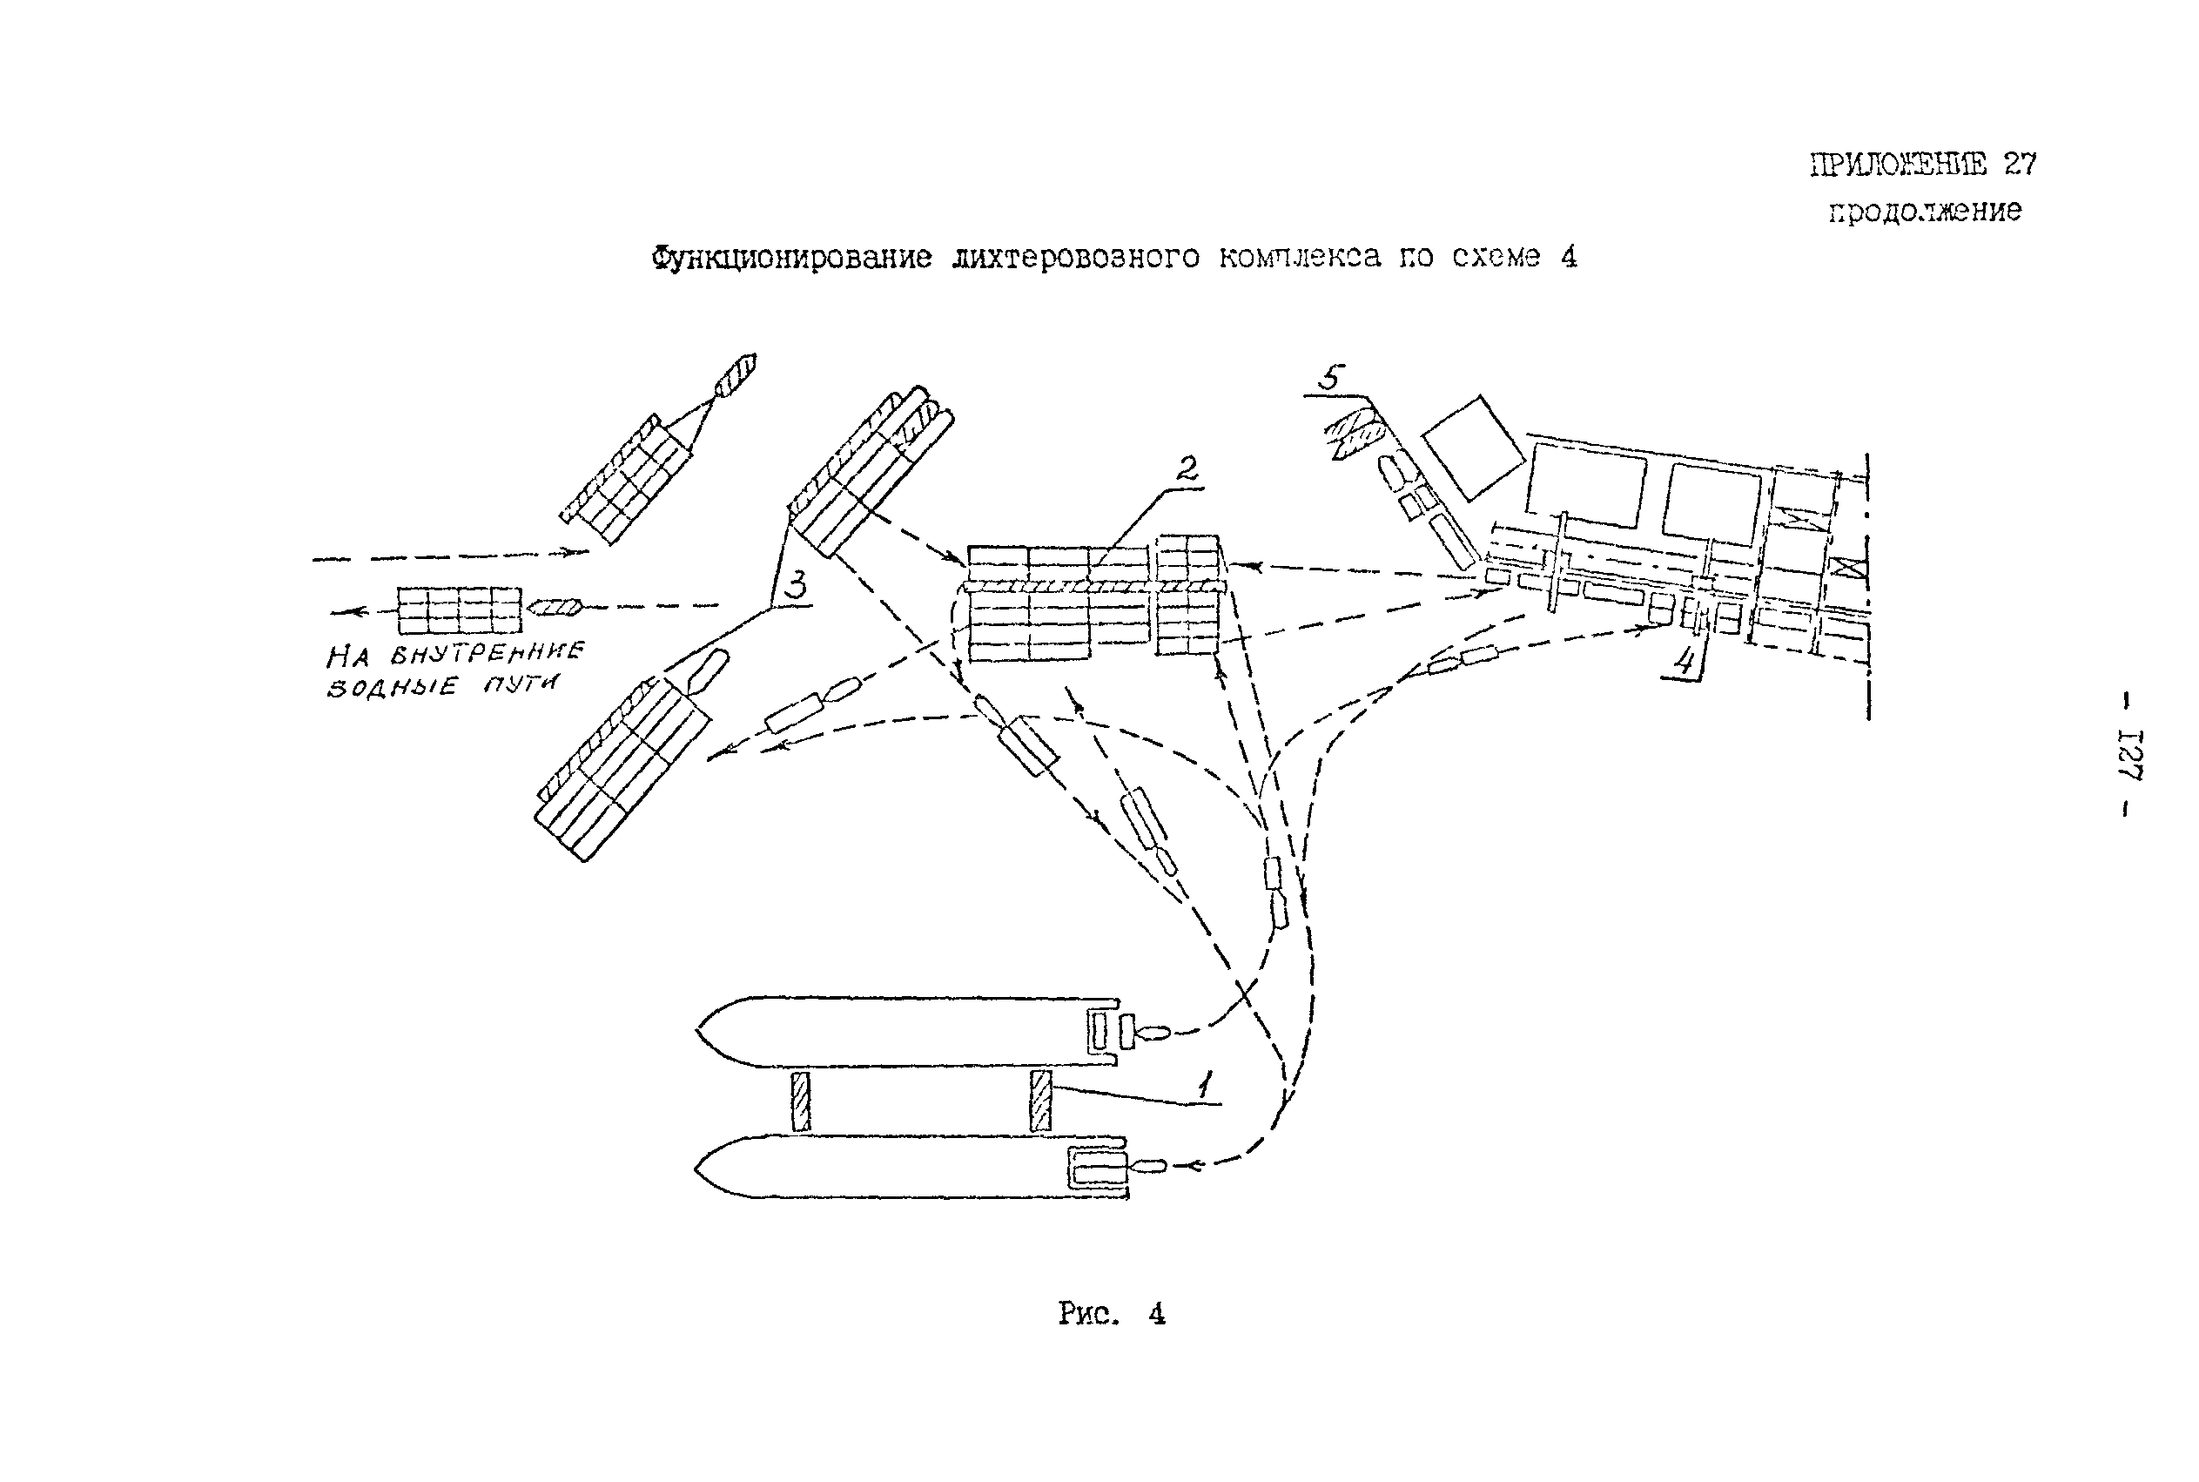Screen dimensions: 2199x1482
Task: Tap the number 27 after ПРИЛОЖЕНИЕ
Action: [2021, 164]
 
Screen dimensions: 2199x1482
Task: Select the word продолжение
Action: [1925, 210]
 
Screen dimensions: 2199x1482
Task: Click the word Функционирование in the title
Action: [792, 257]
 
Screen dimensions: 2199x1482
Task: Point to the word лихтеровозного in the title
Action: [1076, 257]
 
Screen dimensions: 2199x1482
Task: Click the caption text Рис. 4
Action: [1112, 1314]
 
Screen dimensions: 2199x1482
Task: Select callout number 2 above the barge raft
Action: [1186, 468]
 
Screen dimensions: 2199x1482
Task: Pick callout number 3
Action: [797, 586]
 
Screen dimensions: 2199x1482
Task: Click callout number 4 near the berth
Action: [1684, 661]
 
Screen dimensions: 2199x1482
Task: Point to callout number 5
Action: [1330, 378]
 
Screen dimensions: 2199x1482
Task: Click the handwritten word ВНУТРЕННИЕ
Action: [488, 652]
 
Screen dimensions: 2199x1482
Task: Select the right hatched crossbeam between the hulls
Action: [1040, 1101]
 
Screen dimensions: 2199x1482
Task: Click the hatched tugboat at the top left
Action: [736, 375]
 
